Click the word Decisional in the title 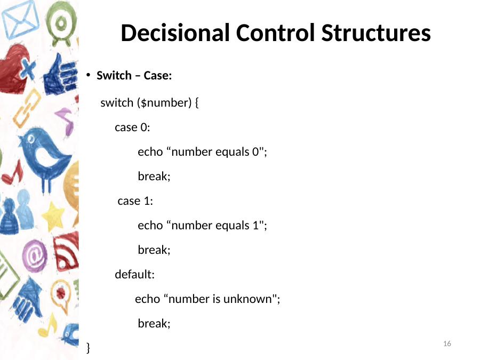(x=175, y=33)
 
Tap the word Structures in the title (x=376, y=33)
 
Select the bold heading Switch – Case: (x=134, y=75)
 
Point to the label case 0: (x=132, y=127)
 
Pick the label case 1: (x=135, y=201)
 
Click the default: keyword (x=135, y=274)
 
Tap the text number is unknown (x=220, y=299)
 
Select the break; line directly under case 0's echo (x=154, y=177)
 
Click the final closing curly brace (x=88, y=348)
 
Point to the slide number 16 (x=447, y=343)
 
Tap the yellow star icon (x=53, y=216)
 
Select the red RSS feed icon (x=66, y=252)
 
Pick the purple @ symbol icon (x=35, y=256)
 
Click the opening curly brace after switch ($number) (x=196, y=103)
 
